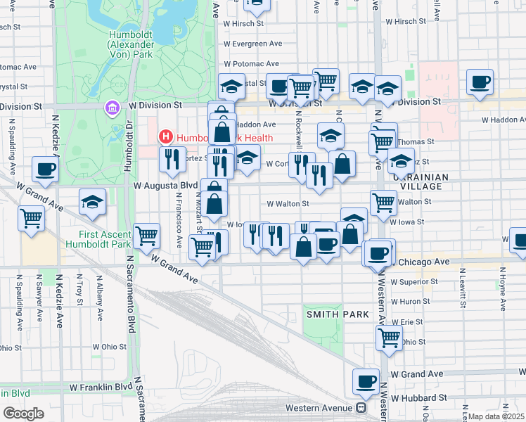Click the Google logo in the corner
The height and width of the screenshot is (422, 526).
point(23,413)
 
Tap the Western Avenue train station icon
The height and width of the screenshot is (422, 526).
point(361,408)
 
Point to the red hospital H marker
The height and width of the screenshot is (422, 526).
point(166,136)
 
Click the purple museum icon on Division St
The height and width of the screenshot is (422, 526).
point(112,108)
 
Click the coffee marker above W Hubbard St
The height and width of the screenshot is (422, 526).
point(366,381)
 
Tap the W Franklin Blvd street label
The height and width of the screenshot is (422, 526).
point(101,387)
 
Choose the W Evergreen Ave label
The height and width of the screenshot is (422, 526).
point(252,44)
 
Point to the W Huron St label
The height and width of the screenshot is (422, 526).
point(409,301)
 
